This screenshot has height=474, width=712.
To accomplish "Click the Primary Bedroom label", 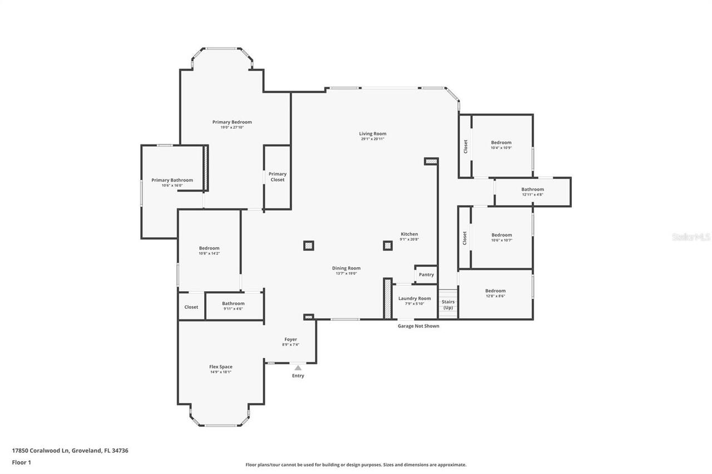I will click(x=232, y=122).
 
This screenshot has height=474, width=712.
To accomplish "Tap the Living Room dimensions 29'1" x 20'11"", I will click(x=372, y=139).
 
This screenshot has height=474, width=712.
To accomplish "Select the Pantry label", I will click(x=426, y=275).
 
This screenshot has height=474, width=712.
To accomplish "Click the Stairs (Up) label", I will click(x=448, y=305).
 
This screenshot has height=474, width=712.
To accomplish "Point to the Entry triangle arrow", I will click(x=298, y=367).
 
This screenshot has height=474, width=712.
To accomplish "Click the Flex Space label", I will click(x=221, y=367).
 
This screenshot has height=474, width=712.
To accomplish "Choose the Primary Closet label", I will click(x=278, y=177).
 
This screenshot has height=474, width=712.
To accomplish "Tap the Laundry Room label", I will click(x=414, y=298).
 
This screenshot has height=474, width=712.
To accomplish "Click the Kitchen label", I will click(x=409, y=234).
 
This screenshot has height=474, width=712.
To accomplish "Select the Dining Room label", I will click(x=347, y=268).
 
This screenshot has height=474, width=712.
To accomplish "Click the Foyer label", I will click(x=290, y=340).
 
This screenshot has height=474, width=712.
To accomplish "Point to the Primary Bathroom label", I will click(x=172, y=180).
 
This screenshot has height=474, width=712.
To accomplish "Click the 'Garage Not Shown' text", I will click(x=418, y=326).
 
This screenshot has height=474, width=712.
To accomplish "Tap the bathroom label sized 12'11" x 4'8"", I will click(x=532, y=189).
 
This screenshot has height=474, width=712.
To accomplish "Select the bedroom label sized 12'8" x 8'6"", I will click(x=495, y=291).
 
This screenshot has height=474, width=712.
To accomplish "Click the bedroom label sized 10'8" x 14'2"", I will click(x=209, y=248).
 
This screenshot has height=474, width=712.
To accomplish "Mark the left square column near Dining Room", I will click(x=308, y=245).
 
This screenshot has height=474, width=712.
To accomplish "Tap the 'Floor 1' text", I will click(x=21, y=462).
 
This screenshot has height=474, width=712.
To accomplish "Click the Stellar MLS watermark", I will click(x=691, y=237).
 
